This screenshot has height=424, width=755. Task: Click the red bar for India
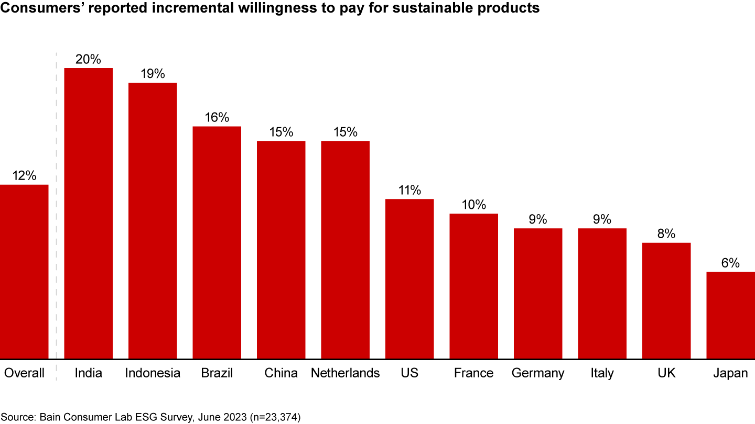(88, 214)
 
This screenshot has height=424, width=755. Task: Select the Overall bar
(24, 272)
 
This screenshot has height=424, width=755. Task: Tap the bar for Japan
(730, 315)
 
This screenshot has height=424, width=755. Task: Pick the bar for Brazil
(217, 242)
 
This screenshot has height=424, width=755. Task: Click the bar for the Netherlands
(345, 250)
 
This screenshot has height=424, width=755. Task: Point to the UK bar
(666, 300)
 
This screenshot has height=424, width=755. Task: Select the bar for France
(473, 286)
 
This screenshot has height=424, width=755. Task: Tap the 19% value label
(153, 74)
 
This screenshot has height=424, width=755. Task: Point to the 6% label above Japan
(730, 263)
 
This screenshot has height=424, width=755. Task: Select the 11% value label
(409, 191)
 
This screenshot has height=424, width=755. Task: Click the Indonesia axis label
(153, 373)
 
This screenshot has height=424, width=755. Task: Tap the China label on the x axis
(281, 373)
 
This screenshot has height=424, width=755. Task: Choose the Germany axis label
(538, 373)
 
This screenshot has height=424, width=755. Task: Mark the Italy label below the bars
(602, 373)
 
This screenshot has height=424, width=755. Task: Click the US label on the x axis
(409, 373)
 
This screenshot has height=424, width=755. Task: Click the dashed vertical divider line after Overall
(56, 209)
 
